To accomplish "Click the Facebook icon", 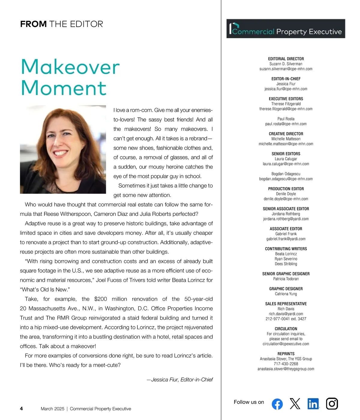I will pyautogui.click(x=277, y=404).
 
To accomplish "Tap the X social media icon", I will pyautogui.click(x=295, y=403).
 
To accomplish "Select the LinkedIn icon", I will pyautogui.click(x=313, y=404).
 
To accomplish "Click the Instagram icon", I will pyautogui.click(x=332, y=403).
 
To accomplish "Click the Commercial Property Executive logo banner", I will pyautogui.click(x=286, y=29).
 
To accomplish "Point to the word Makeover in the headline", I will pyautogui.click(x=70, y=67).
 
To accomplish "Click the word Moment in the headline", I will pyautogui.click(x=64, y=88).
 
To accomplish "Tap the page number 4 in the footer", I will pyautogui.click(x=21, y=409).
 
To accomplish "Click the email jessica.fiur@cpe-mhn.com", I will pyautogui.click(x=286, y=89).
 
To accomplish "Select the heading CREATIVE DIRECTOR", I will pyautogui.click(x=286, y=134).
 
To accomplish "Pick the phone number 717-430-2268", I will pyautogui.click(x=286, y=364).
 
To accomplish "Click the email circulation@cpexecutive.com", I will pyautogui.click(x=286, y=344).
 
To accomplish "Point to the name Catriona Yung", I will pyautogui.click(x=286, y=294).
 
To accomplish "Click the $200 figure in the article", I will pyautogui.click(x=100, y=299).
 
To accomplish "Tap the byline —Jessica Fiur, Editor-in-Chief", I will pyautogui.click(x=180, y=380).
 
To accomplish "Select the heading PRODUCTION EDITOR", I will pyautogui.click(x=286, y=189).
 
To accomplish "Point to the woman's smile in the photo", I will pyautogui.click(x=61, y=153).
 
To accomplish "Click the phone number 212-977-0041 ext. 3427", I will pyautogui.click(x=286, y=319).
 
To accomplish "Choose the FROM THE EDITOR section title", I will pyautogui.click(x=61, y=24).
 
